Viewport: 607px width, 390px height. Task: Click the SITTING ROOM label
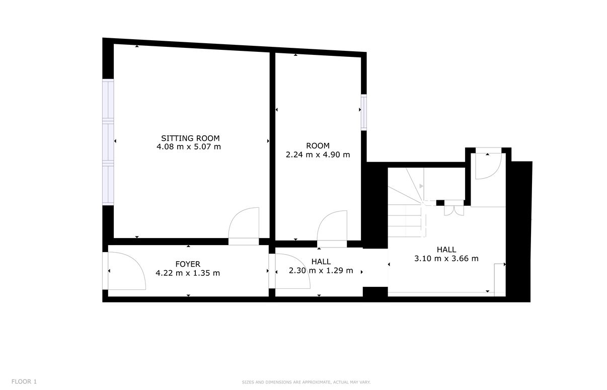[190, 138]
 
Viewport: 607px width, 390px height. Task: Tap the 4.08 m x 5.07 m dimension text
[189, 147]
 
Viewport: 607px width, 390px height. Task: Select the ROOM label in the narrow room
[318, 146]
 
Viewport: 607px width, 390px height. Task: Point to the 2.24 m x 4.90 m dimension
[318, 155]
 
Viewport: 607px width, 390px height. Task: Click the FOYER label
[188, 264]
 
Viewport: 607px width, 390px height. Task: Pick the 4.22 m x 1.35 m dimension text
[188, 273]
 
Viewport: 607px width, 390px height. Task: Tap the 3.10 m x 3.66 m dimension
[446, 259]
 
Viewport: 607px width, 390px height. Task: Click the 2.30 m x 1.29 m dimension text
[321, 270]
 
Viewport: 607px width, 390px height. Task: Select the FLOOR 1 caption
[24, 382]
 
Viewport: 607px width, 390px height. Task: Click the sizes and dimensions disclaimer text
[306, 382]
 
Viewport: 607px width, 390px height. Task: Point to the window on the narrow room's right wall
[364, 112]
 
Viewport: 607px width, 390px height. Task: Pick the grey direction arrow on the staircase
[421, 186]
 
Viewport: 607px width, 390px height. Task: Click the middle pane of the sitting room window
[108, 142]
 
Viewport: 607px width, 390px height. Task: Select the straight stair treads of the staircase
[405, 220]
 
